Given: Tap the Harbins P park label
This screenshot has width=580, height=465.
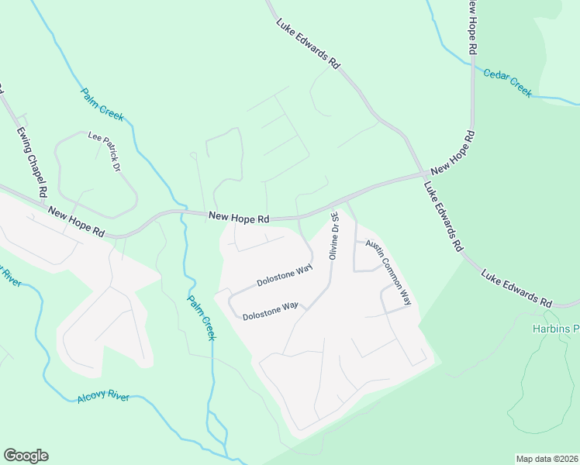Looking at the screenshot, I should tap(555, 329).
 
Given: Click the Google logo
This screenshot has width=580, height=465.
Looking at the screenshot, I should tap(26, 456).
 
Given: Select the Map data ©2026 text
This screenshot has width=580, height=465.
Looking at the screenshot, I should tap(547, 458).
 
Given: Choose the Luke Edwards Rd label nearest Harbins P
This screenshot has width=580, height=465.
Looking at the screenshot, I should tap(516, 288).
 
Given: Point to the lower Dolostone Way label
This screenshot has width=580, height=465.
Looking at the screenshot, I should tap(270, 311).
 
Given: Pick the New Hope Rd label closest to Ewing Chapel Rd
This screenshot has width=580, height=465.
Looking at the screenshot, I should tap(76, 221).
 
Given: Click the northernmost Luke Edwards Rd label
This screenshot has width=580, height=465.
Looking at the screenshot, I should tap(309, 47).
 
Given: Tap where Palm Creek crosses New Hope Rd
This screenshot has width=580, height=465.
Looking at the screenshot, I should tap(182, 212).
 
